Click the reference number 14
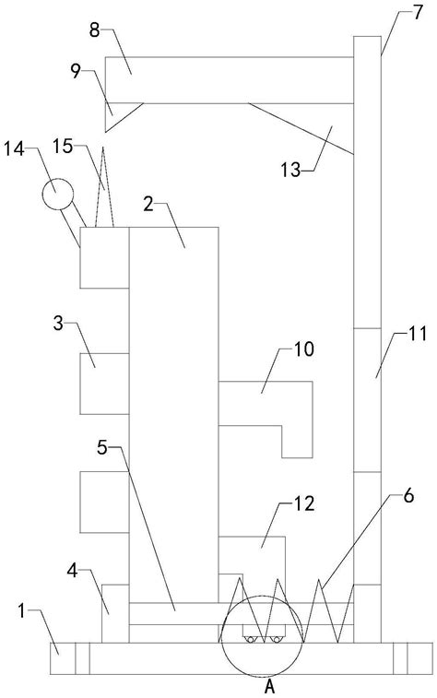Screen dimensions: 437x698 (14, 149)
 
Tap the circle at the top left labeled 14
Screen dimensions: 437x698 (58, 194)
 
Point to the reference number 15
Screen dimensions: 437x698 (63, 146)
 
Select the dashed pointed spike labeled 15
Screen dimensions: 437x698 (104, 187)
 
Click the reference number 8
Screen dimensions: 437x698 (94, 31)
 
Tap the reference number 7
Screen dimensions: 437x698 (418, 13)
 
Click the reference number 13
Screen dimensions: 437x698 (290, 170)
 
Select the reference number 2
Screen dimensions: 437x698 (148, 205)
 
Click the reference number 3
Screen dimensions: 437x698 (58, 324)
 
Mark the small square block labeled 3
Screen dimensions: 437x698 (104, 384)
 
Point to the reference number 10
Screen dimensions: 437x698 (304, 349)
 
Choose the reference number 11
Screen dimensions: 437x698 (418, 334)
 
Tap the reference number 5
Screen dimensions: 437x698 (102, 448)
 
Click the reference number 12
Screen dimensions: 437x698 (304, 504)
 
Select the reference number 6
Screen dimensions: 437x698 (408, 495)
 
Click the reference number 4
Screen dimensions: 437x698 (72, 571)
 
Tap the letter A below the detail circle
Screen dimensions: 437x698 (270, 688)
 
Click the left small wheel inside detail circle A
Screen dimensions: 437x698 (251, 640)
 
